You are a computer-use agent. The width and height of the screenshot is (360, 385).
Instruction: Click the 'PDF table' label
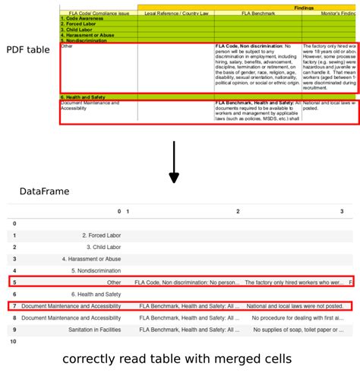(x=28, y=50)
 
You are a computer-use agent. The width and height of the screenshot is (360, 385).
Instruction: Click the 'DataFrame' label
(x=45, y=191)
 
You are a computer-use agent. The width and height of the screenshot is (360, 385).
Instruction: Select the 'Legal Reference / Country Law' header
(x=176, y=14)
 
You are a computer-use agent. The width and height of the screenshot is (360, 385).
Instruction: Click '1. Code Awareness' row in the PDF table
(x=84, y=19)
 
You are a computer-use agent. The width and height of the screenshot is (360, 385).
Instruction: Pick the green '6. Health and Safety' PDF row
(x=84, y=97)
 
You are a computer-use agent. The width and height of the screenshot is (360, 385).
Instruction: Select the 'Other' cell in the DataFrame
(x=114, y=282)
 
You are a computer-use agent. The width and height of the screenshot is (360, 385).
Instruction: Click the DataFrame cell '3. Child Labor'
(x=103, y=247)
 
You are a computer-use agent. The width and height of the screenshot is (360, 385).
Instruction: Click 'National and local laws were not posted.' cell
(x=295, y=306)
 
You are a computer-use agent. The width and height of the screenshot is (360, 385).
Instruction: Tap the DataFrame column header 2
(x=238, y=211)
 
